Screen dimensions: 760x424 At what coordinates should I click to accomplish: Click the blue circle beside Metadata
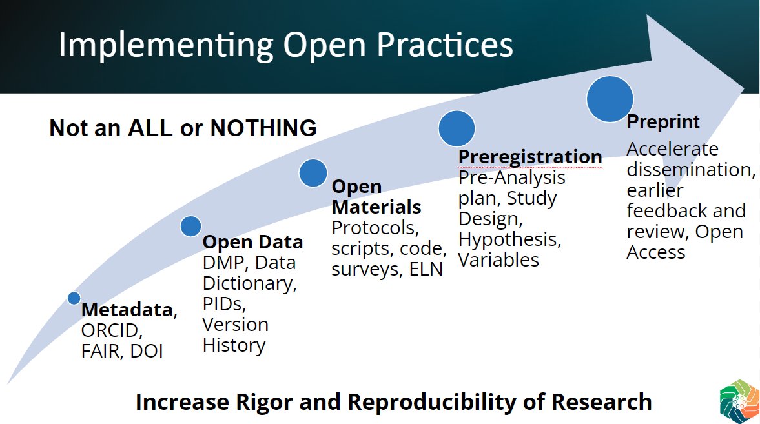tap(74, 298)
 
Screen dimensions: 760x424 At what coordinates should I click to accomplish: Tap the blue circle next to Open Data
tap(190, 226)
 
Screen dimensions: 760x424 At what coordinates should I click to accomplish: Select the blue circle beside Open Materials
tap(313, 173)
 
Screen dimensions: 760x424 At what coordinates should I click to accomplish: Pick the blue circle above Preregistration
tap(457, 128)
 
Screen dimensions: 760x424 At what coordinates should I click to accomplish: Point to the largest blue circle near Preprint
tap(610, 98)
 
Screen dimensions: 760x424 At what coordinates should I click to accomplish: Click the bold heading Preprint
tap(662, 121)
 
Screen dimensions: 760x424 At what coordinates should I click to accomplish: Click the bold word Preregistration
tap(530, 157)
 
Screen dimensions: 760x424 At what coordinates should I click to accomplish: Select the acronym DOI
tap(147, 351)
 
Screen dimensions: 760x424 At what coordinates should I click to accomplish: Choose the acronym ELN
tap(426, 269)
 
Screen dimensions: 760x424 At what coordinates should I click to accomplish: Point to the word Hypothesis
tap(509, 240)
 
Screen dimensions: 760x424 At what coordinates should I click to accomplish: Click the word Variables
tap(498, 260)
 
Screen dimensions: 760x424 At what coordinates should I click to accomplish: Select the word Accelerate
tap(672, 149)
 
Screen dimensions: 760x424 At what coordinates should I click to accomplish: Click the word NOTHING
tap(263, 128)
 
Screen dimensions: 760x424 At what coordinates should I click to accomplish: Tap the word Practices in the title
tap(444, 45)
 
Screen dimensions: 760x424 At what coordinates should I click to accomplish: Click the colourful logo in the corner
tap(739, 401)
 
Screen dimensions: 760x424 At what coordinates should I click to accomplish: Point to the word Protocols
tap(375, 228)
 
